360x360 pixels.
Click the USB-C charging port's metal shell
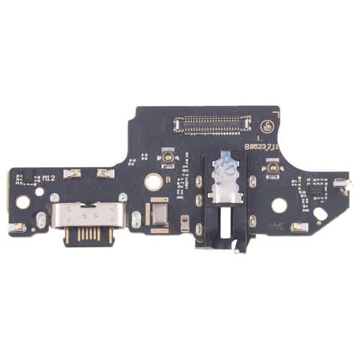(91, 214)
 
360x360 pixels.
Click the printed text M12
(48, 178)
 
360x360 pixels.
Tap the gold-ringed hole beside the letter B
(153, 181)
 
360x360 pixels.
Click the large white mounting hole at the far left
(24, 202)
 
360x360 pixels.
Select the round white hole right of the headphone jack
(279, 205)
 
